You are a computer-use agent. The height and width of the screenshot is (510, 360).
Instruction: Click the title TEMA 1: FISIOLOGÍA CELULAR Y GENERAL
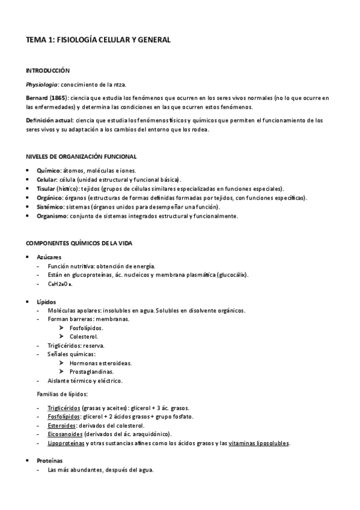tap(98, 40)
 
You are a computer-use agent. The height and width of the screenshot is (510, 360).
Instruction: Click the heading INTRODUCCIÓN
tap(47, 70)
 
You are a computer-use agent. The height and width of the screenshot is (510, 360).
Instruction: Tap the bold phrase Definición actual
tap(48, 120)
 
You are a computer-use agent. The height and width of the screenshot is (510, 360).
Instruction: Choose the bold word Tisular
tap(47, 188)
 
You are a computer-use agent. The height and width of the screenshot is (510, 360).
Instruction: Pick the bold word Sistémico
tap(50, 207)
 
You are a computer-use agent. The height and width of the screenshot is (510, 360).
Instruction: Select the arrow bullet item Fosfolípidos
tap(86, 328)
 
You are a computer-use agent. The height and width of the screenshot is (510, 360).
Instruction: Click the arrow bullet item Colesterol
tap(84, 337)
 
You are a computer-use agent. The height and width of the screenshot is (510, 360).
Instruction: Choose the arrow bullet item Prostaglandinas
tap(91, 372)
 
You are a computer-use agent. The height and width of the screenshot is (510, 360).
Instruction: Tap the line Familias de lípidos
tap(63, 394)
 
